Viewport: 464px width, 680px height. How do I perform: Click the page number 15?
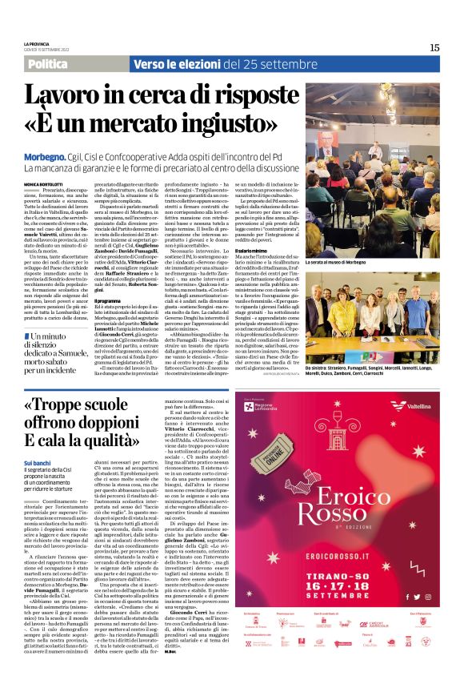(x=434, y=48)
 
